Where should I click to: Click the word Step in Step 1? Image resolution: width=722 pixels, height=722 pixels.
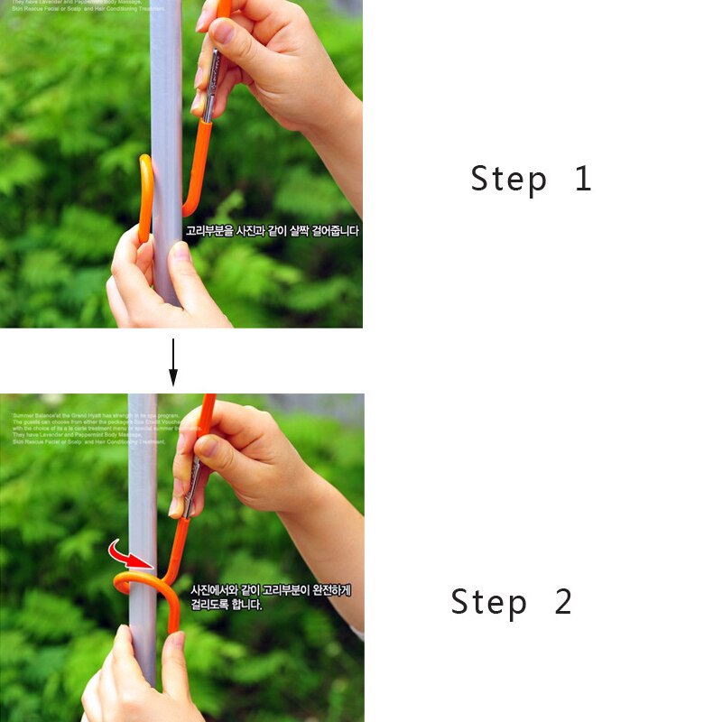508,179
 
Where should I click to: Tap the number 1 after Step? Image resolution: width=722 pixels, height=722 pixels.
583,179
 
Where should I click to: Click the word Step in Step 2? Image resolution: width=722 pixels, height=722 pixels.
488,602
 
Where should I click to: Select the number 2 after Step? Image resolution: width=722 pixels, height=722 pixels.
563,602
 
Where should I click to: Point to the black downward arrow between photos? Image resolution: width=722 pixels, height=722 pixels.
173,361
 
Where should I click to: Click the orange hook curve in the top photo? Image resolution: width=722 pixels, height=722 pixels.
143,199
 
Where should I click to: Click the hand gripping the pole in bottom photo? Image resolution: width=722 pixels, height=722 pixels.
135,677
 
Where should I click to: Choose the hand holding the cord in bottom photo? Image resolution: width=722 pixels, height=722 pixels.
253,460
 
